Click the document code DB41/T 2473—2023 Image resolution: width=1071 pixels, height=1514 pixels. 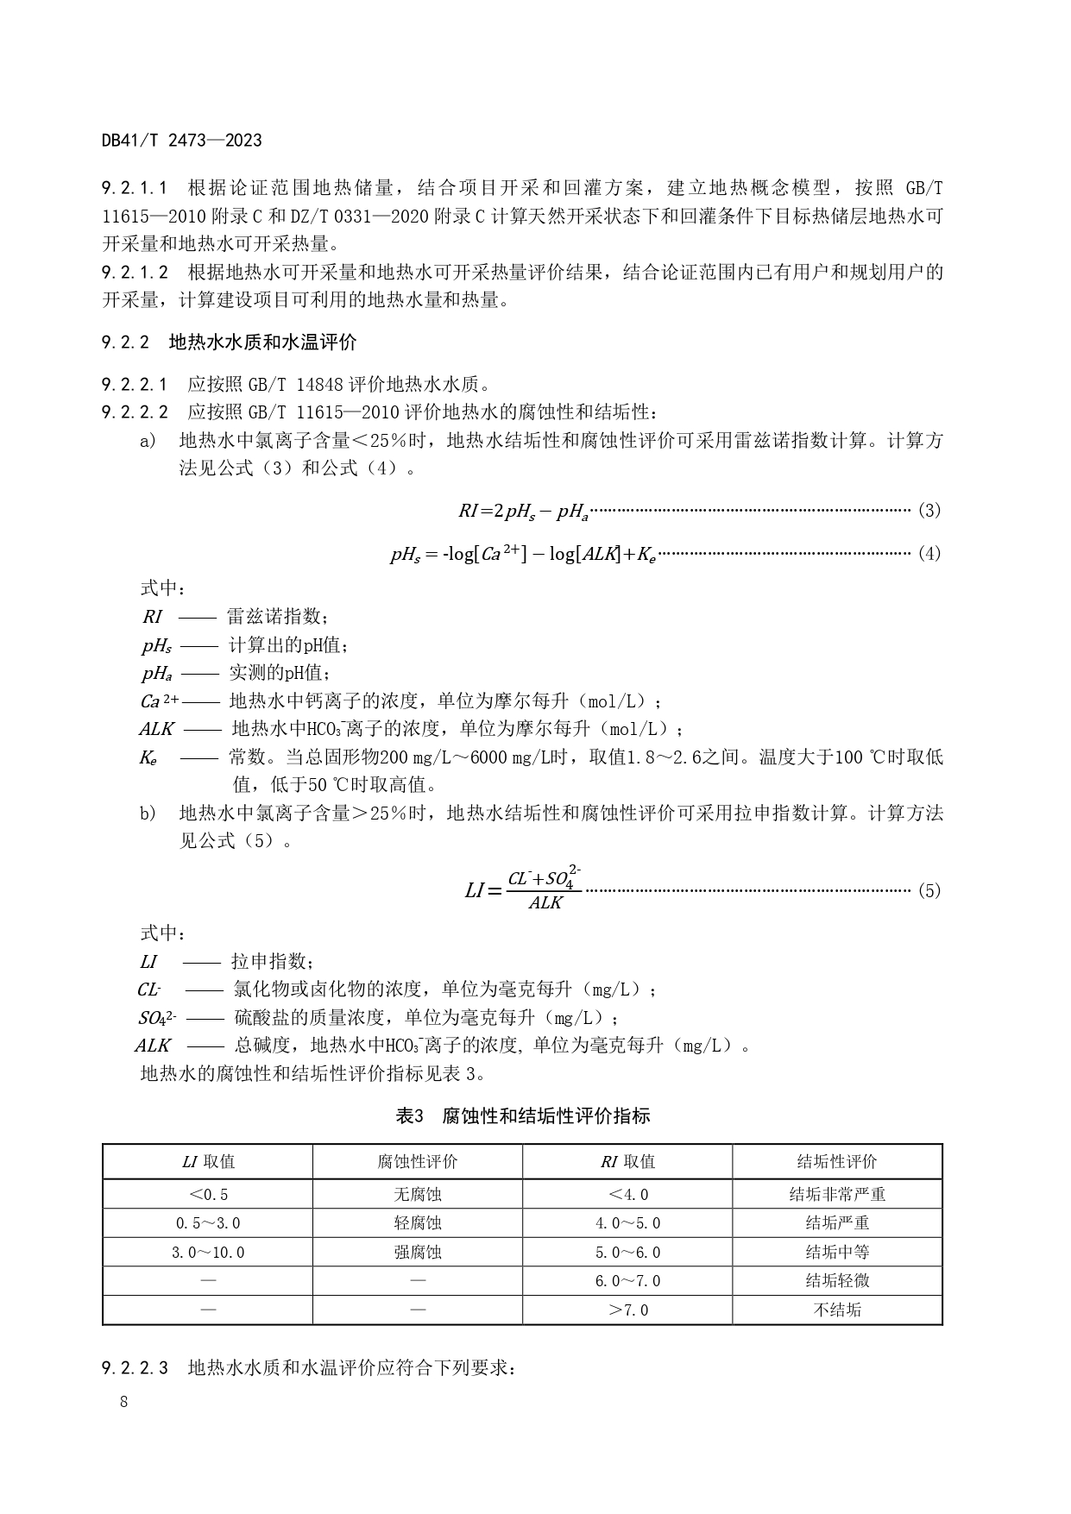181,141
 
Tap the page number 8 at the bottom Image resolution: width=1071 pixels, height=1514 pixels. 124,1401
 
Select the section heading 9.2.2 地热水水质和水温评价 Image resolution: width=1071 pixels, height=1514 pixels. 228,342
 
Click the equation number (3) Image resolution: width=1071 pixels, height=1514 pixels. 929,510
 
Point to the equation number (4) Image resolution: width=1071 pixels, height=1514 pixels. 929,553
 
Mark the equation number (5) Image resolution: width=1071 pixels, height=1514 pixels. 929,890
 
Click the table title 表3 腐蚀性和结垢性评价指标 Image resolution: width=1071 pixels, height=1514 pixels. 522,1115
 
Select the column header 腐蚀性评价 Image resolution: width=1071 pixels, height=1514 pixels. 418,1161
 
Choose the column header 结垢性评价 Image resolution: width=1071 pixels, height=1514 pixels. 837,1161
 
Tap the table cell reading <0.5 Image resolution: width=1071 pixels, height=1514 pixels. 208,1194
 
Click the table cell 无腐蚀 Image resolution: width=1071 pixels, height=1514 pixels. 418,1194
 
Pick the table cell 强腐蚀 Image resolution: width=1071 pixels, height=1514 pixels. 418,1252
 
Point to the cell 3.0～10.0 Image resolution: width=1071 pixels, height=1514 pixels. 208,1252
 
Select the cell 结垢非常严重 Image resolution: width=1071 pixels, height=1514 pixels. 837,1194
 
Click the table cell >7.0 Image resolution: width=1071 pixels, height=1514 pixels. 627,1310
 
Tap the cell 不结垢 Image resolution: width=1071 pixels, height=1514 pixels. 837,1310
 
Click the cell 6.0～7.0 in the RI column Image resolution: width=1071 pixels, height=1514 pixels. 627,1281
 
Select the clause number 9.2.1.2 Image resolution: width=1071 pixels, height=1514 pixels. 135,273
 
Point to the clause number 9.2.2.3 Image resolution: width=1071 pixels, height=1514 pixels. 135,1367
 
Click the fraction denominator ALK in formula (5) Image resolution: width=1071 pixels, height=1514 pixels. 545,903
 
